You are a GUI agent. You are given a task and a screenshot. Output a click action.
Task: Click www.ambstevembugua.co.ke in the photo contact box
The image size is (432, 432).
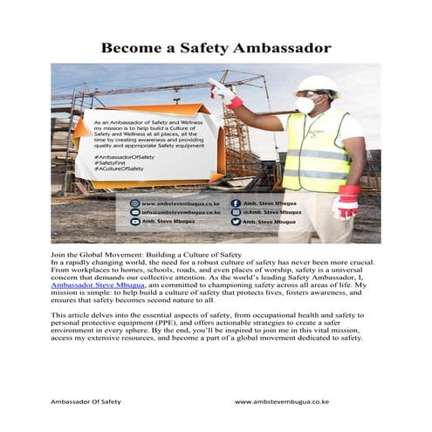pyautogui.click(x=178, y=202)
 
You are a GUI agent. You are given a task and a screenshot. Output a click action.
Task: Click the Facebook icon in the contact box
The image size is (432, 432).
pyautogui.click(x=235, y=202)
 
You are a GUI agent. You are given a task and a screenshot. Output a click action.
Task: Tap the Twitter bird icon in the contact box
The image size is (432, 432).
pyautogui.click(x=235, y=211)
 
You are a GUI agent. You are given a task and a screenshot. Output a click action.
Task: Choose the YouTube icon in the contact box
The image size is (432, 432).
pyautogui.click(x=235, y=222)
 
